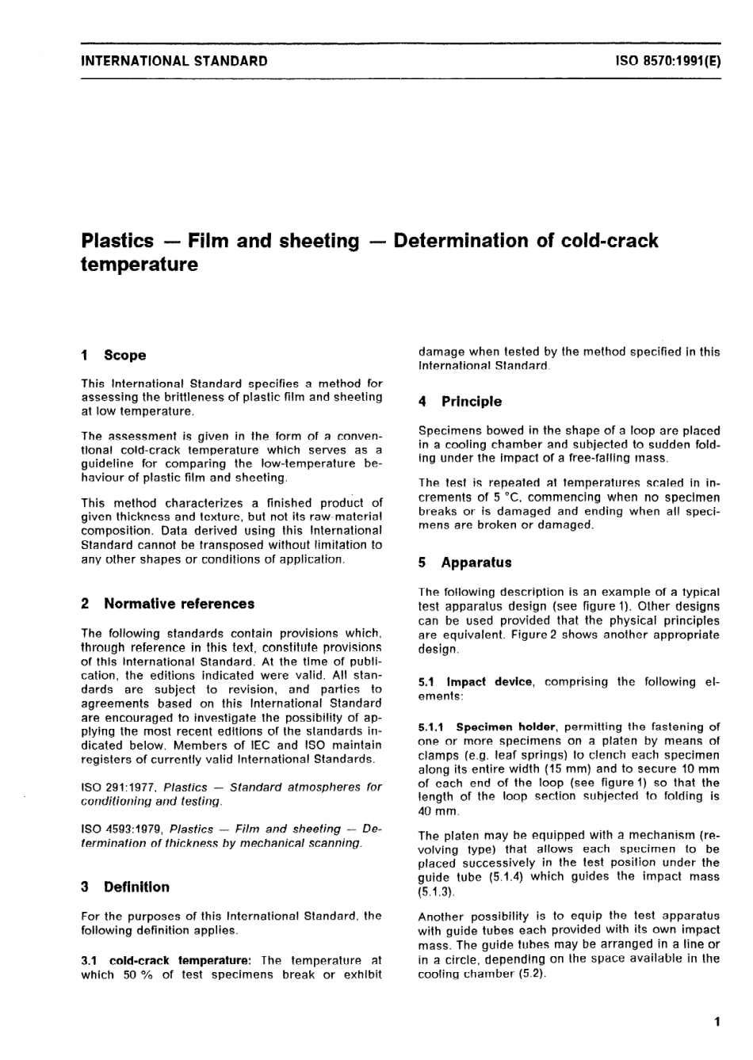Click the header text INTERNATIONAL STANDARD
click(x=174, y=61)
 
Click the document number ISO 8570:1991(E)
click(x=667, y=61)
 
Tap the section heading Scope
click(x=124, y=356)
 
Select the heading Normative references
click(x=179, y=604)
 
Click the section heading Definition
click(x=136, y=887)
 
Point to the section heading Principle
click(x=471, y=402)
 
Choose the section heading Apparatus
click(x=476, y=562)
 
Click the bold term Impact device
click(x=489, y=681)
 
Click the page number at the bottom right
click(x=717, y=1022)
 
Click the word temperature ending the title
click(x=140, y=264)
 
